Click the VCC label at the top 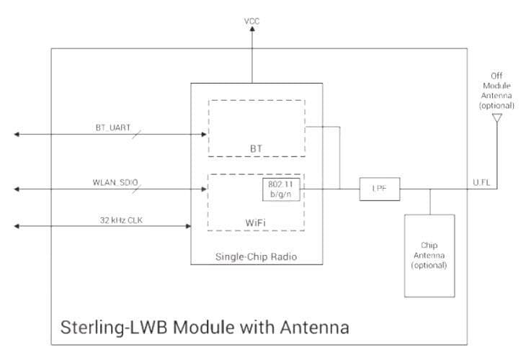(252, 22)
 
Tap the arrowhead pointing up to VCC (252, 33)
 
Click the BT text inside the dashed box (256, 149)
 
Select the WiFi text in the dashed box (257, 222)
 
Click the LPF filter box (379, 190)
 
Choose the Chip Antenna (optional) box (429, 255)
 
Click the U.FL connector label (481, 183)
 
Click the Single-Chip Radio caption (256, 257)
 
